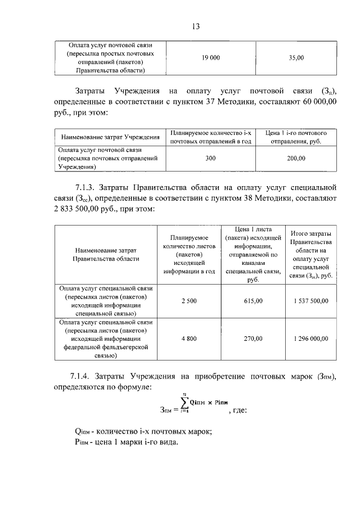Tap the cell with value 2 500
(189, 301)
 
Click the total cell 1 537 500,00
(310, 301)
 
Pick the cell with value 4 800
(189, 339)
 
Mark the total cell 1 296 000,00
(310, 339)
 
